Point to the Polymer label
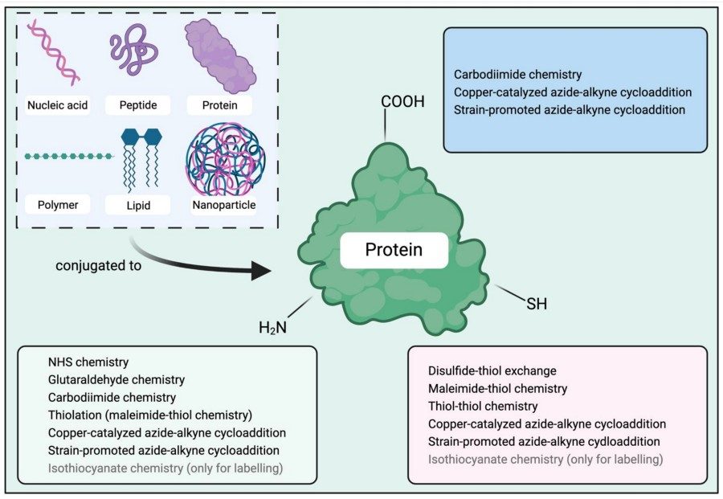(57, 205)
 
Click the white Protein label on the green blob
(394, 251)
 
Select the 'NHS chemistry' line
(88, 362)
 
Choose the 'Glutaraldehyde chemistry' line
(116, 379)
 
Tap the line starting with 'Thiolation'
(150, 415)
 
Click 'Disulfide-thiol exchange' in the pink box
(492, 370)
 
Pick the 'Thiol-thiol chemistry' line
(483, 406)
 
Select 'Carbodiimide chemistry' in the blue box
(517, 74)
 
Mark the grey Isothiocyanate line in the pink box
(545, 459)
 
